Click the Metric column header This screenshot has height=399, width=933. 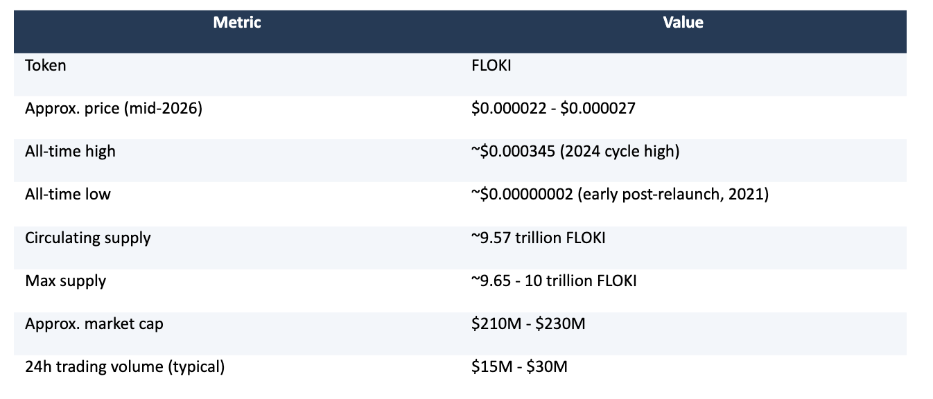[236, 22]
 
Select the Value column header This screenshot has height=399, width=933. [683, 22]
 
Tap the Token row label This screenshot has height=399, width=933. [45, 65]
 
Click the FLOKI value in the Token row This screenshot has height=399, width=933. [491, 65]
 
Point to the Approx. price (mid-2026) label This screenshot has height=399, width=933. [114, 109]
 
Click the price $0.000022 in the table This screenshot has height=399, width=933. [509, 109]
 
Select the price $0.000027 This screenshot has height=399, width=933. [598, 109]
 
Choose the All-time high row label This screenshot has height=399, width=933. [70, 152]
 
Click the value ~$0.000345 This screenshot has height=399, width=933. [513, 152]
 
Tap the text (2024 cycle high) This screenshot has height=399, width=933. [620, 152]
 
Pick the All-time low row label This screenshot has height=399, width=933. [68, 194]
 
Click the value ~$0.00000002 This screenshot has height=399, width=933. [523, 194]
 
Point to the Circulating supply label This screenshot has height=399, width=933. [88, 238]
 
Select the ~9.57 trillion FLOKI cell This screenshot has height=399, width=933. [539, 238]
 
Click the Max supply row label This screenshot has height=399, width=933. [65, 281]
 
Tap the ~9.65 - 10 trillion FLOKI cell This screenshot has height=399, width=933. [554, 281]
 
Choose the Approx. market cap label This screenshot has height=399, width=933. [94, 324]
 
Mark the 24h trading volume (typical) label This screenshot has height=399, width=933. [125, 367]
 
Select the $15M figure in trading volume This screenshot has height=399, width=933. [492, 367]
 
